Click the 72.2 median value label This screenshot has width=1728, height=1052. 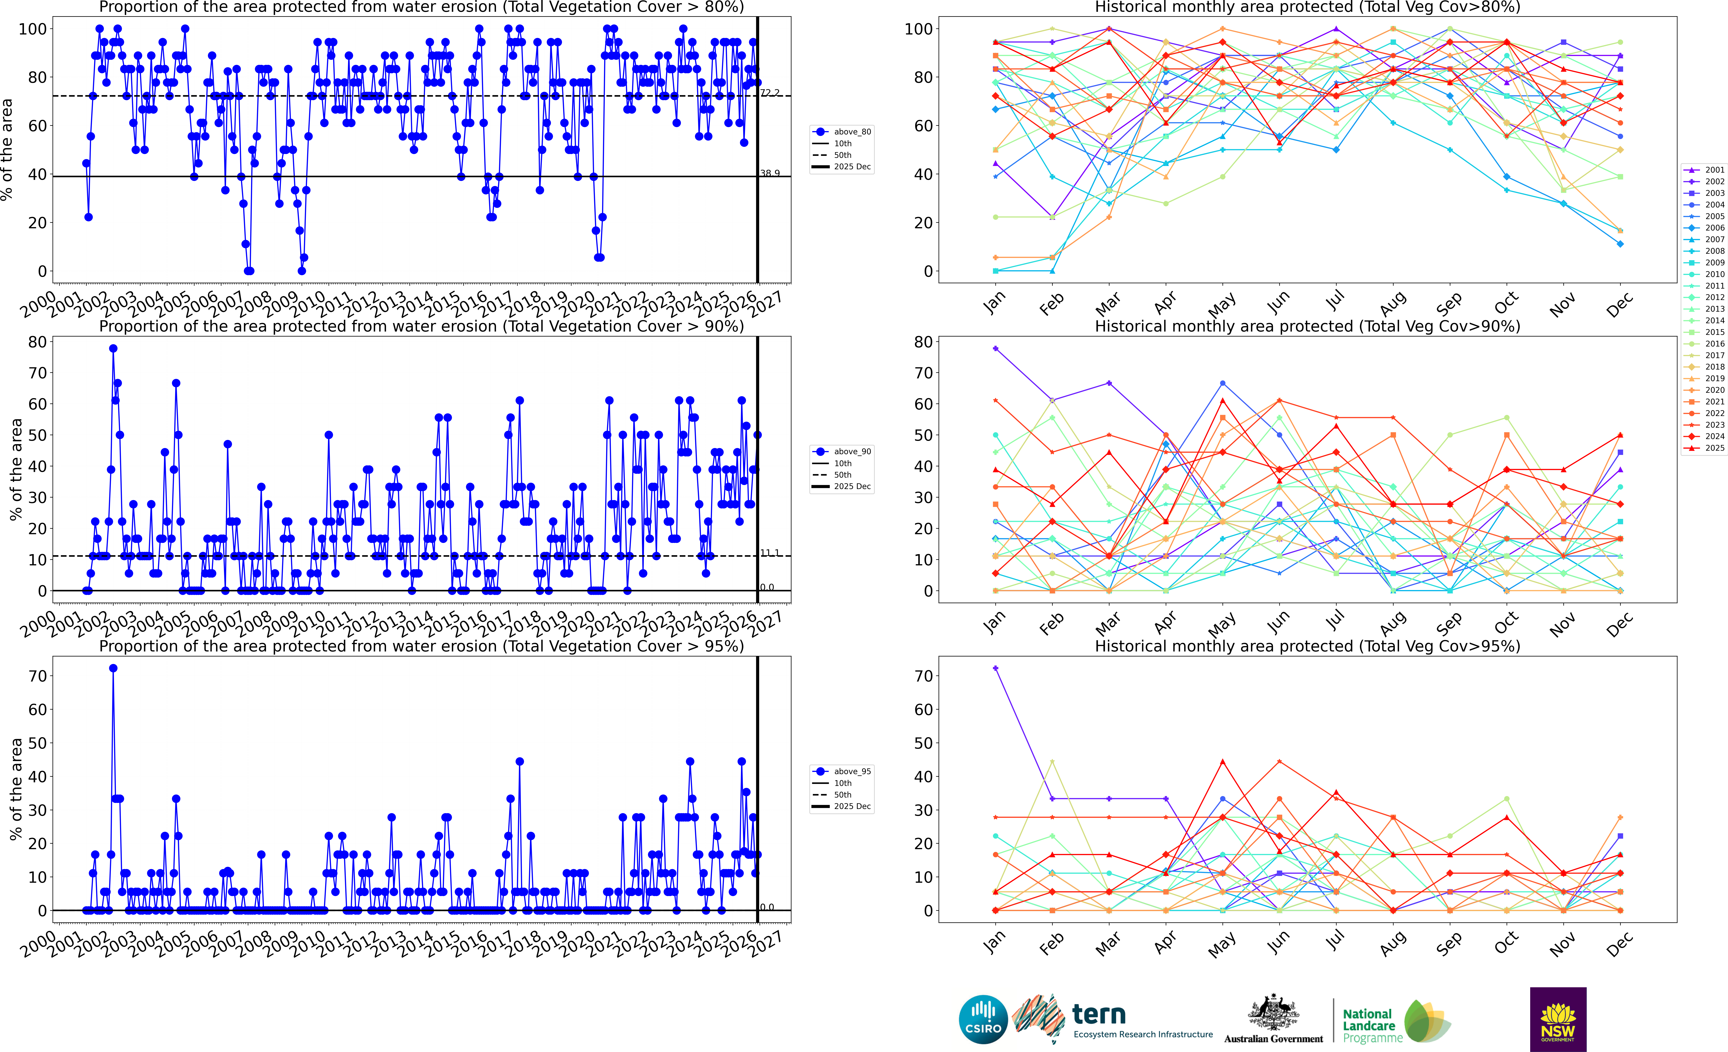(x=770, y=93)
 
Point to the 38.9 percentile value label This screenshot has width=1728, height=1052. (x=770, y=173)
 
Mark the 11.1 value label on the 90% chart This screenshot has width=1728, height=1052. (x=770, y=553)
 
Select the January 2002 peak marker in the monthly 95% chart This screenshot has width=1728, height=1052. (x=995, y=668)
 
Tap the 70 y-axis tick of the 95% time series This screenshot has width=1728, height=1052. (x=38, y=676)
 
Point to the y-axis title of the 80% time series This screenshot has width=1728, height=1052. (x=7, y=149)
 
